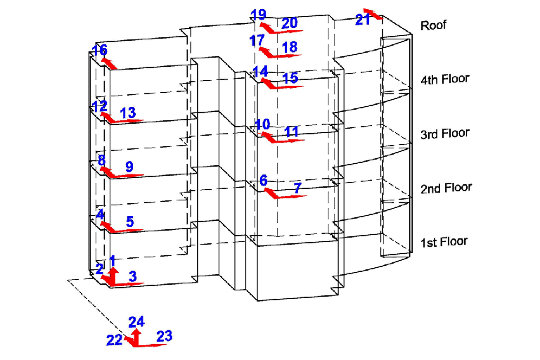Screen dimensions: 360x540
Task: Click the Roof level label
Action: pyautogui.click(x=433, y=25)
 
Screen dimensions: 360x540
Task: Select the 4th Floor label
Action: pyautogui.click(x=444, y=79)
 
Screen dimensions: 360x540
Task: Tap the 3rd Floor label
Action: pyautogui.click(x=444, y=134)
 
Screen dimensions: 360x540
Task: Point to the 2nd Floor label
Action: pyautogui.click(x=446, y=188)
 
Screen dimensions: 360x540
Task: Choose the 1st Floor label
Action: pyautogui.click(x=444, y=242)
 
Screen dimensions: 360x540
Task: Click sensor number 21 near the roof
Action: pyautogui.click(x=362, y=20)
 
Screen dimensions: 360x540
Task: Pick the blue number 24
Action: pyautogui.click(x=136, y=322)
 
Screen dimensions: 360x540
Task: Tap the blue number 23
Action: pyautogui.click(x=164, y=337)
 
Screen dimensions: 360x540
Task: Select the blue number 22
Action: pyautogui.click(x=114, y=341)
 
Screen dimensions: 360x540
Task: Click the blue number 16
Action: pyautogui.click(x=100, y=50)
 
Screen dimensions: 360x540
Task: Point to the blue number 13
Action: pyautogui.click(x=127, y=113)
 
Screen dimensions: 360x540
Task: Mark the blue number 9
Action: pyautogui.click(x=129, y=167)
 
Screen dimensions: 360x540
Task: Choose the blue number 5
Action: pyautogui.click(x=130, y=221)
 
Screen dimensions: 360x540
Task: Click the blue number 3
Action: pyautogui.click(x=133, y=276)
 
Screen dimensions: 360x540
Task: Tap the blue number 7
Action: pyautogui.click(x=297, y=188)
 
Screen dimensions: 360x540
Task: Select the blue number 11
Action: pyautogui.click(x=292, y=131)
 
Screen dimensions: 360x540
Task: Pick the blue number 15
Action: pyautogui.click(x=290, y=78)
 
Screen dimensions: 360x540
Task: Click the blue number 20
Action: pyautogui.click(x=289, y=24)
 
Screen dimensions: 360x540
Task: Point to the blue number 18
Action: pyautogui.click(x=289, y=47)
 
